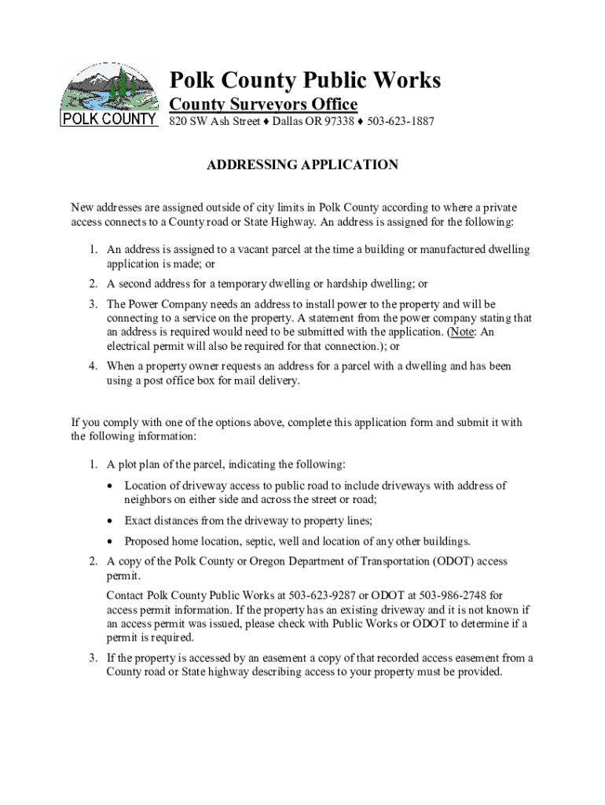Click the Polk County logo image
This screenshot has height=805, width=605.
pos(109,95)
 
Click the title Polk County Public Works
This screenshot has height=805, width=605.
pos(306,80)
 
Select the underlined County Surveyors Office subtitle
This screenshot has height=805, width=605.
pos(264,105)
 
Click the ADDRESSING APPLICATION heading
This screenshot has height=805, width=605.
pos(302,165)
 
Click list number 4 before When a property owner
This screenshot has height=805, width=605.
pos(93,366)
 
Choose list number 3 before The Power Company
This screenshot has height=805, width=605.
pos(93,304)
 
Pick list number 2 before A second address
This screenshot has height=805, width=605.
pos(93,284)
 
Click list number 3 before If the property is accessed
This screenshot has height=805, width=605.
pos(93,658)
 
